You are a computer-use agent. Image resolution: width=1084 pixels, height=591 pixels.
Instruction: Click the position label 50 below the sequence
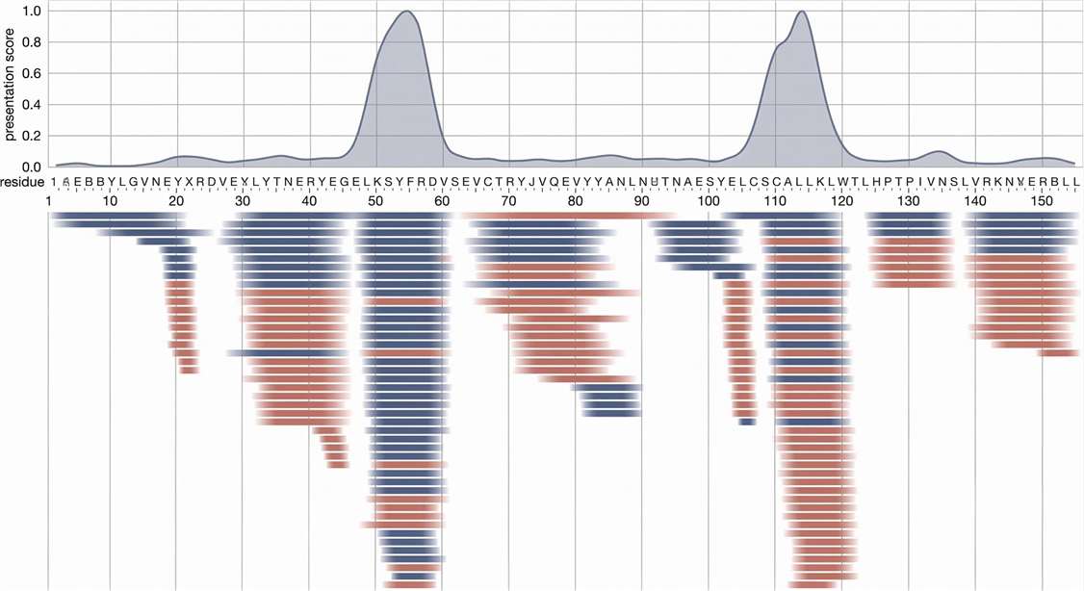[x=375, y=202]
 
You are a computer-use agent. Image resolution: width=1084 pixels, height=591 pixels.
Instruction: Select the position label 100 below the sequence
[x=708, y=202]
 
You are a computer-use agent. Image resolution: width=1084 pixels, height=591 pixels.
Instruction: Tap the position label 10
[x=110, y=202]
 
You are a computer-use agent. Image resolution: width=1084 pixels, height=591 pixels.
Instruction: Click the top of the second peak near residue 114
[x=801, y=12]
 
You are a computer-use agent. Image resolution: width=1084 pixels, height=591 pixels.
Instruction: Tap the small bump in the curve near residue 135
[x=940, y=151]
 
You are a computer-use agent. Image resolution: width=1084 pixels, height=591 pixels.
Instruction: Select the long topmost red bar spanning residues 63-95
[x=568, y=216]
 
